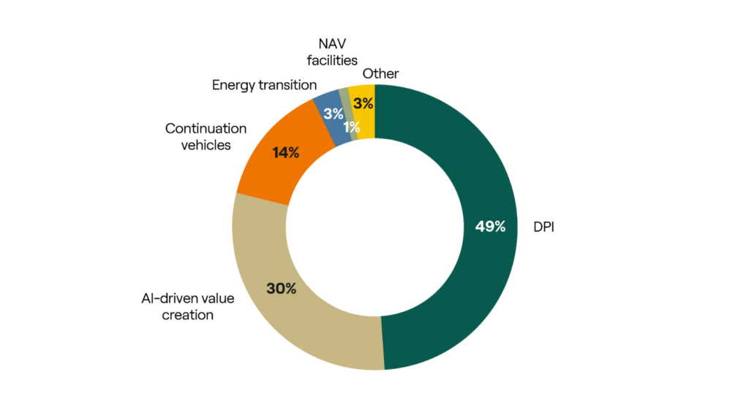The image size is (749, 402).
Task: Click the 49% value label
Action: (486, 227)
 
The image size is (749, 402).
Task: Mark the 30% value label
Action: (281, 289)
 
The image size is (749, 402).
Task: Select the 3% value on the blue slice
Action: (334, 113)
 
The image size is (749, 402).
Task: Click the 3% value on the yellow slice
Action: (362, 103)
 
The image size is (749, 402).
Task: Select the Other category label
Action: (380, 73)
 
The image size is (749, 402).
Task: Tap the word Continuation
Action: (206, 128)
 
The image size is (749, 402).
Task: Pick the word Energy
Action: (233, 85)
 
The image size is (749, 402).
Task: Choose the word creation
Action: (189, 315)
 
